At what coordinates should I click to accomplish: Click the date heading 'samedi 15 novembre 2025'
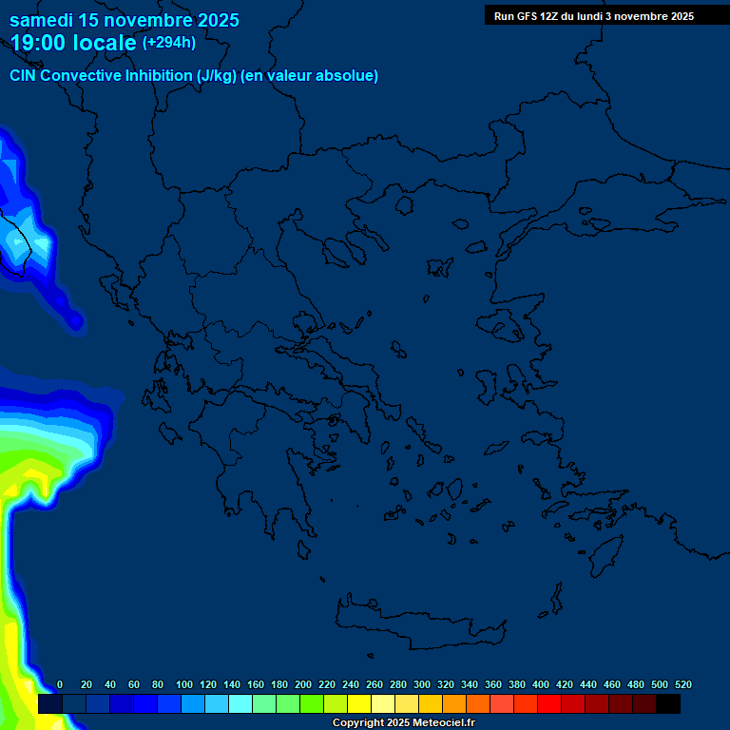(x=125, y=20)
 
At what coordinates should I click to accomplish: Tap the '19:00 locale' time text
(x=73, y=43)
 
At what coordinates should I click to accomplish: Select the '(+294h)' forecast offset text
(x=169, y=43)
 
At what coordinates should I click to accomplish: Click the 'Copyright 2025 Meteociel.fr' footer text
(x=403, y=723)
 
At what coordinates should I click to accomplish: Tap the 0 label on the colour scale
(x=60, y=684)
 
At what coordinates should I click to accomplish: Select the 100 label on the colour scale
(x=184, y=684)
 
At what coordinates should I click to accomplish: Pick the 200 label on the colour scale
(x=303, y=684)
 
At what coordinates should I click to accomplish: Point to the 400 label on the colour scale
(x=541, y=684)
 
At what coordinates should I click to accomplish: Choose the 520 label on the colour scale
(x=683, y=684)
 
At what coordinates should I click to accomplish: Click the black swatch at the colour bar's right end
(x=668, y=704)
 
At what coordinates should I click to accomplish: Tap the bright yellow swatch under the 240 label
(x=358, y=704)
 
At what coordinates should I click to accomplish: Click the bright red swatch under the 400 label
(x=548, y=704)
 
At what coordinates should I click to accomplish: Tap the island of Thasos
(x=404, y=205)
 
